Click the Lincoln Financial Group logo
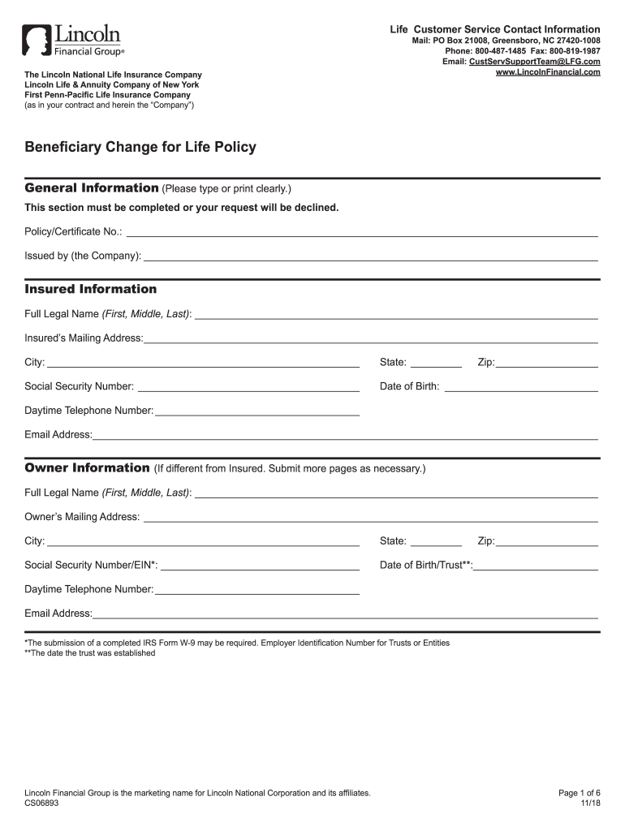[73, 41]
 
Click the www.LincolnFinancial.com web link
[548, 72]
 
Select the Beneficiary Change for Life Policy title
[140, 147]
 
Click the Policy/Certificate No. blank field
[361, 232]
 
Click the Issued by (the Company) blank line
[370, 256]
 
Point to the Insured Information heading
[90, 289]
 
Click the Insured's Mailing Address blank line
[370, 338]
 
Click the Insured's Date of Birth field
[521, 387]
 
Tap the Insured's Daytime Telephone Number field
[256, 411]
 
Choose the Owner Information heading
[87, 468]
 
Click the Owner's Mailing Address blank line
[370, 517]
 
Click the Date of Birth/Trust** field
[536, 566]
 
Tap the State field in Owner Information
[436, 541]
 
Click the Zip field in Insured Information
[546, 363]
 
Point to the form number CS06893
[41, 803]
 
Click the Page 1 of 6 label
[580, 792]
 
